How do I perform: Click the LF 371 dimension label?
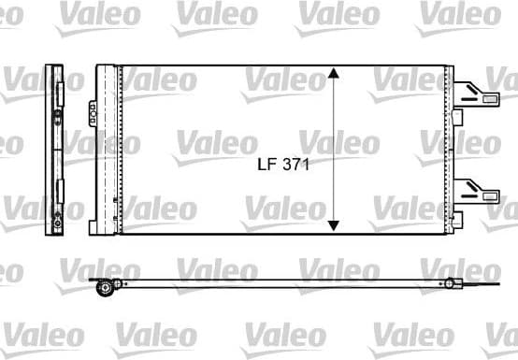click(x=283, y=163)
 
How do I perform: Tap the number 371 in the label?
click(x=295, y=163)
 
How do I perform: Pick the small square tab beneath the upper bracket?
click(x=457, y=117)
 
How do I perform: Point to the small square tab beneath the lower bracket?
click(x=457, y=218)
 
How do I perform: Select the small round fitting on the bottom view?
click(x=450, y=282)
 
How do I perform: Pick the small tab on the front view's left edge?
click(x=94, y=226)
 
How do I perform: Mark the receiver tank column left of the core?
click(x=109, y=150)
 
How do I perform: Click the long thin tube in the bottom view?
click(x=281, y=281)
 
